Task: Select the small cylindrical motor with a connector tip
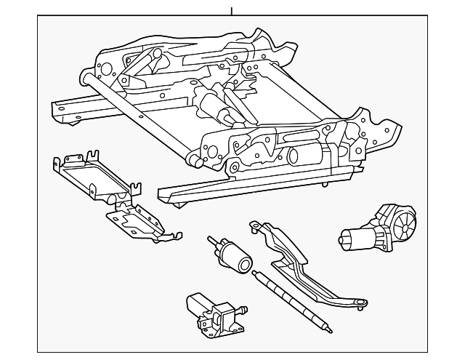pos(232,254)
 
